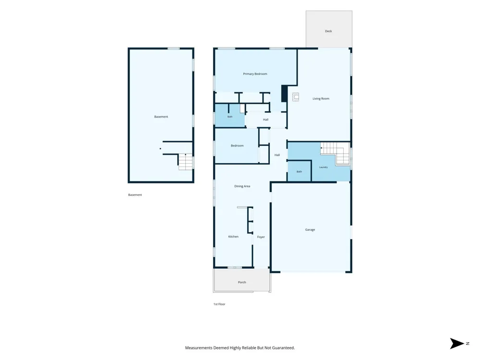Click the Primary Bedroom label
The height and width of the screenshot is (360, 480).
255,74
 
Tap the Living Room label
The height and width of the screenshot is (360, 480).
321,98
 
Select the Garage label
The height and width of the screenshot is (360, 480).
310,229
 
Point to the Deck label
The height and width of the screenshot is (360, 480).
328,31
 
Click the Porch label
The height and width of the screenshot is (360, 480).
242,282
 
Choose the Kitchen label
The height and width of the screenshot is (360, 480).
233,237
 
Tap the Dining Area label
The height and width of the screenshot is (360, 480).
242,186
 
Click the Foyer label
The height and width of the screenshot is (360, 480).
261,237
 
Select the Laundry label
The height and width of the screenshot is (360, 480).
323,167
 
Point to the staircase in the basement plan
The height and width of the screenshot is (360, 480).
185,162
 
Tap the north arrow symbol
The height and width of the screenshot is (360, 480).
457,344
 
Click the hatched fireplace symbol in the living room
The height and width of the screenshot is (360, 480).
295,97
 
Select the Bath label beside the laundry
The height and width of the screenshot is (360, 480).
299,172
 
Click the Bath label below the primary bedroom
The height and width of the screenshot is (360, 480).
229,117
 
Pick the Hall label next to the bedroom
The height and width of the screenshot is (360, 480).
277,155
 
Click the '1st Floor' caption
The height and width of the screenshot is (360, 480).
219,304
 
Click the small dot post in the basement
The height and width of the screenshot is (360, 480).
160,149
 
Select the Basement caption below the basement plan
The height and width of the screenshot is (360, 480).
135,195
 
